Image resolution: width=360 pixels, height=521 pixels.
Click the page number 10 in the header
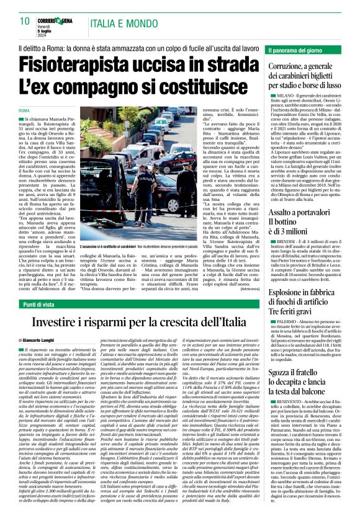(25, 21)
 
